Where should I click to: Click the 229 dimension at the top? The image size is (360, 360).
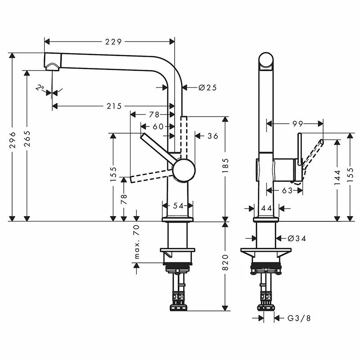point(113,42)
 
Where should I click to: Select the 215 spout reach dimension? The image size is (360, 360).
point(114,106)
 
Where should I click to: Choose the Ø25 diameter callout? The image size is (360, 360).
point(207,87)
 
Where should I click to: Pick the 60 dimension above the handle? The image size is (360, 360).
point(158,126)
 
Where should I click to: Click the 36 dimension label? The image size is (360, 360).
point(213,135)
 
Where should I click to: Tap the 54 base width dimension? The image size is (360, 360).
point(179,206)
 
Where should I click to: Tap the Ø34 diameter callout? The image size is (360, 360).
point(297,238)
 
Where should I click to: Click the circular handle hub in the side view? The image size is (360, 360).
point(184,170)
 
